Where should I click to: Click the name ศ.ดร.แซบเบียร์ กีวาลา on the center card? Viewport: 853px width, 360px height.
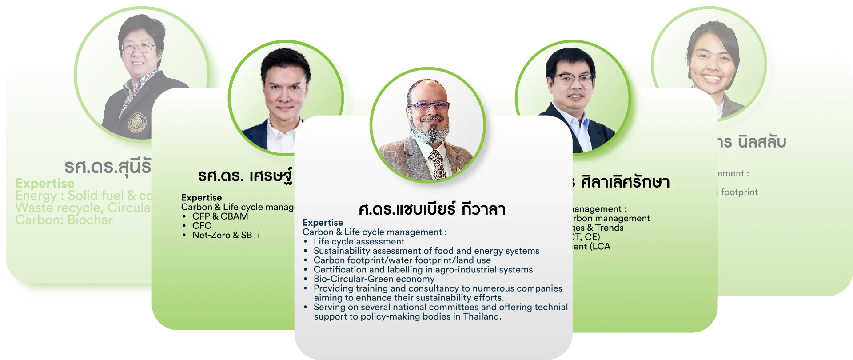click(432, 209)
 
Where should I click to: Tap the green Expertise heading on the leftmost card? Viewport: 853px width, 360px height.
click(45, 183)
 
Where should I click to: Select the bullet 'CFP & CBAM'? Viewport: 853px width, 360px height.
click(220, 216)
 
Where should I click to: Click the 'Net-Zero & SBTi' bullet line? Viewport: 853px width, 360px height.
click(226, 235)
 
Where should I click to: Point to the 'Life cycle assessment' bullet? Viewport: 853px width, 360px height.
click(359, 241)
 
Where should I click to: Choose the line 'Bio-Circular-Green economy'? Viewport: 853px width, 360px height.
click(374, 279)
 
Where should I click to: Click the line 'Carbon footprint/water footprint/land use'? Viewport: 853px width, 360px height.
click(402, 260)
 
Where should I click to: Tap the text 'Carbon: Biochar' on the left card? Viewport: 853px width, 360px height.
click(64, 220)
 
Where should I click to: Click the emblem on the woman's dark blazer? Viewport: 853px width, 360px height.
click(136, 123)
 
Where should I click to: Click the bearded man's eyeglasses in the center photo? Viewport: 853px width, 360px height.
click(429, 106)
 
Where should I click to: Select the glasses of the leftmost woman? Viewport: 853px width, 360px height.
click(138, 48)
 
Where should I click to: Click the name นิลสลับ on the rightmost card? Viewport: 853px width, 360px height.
click(761, 142)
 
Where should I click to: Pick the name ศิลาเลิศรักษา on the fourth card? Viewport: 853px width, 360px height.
click(625, 182)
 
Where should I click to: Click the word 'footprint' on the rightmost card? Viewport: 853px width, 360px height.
click(739, 192)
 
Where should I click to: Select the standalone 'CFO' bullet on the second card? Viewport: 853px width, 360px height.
click(202, 226)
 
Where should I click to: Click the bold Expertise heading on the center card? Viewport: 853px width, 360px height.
click(323, 223)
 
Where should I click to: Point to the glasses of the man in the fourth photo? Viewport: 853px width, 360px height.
click(574, 80)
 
